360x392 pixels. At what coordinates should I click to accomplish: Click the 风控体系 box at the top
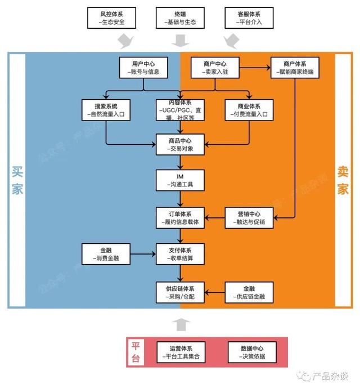(x=112, y=17)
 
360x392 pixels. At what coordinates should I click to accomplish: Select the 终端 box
(x=180, y=17)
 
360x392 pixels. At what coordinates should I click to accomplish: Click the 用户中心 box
(x=143, y=68)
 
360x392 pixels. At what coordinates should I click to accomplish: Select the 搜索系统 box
(x=107, y=109)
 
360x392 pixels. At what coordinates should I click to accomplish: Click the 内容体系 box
(x=180, y=109)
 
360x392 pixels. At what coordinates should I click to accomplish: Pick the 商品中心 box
(x=180, y=144)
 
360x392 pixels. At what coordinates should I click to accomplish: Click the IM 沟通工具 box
(x=180, y=180)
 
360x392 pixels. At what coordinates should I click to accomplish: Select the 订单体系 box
(x=180, y=217)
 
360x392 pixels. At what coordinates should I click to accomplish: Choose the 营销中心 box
(x=249, y=217)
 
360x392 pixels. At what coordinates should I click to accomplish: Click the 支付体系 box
(x=180, y=254)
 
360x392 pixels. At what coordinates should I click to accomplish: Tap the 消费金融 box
(x=107, y=254)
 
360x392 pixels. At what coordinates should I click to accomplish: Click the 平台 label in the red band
(x=136, y=352)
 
